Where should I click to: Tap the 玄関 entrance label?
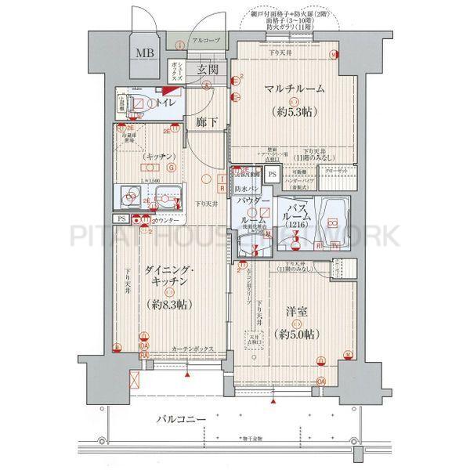click(208, 70)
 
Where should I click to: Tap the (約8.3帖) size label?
click(168, 303)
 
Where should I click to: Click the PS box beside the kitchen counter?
click(121, 220)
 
